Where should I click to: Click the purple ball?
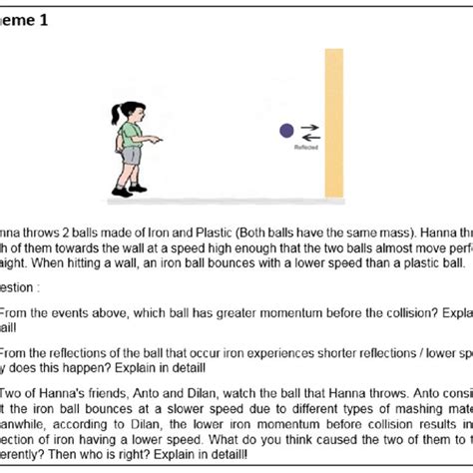point(286,130)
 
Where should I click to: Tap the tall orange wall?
point(331,120)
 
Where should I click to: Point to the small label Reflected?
point(305,147)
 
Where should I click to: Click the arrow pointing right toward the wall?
point(310,127)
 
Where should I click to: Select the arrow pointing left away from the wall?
point(310,136)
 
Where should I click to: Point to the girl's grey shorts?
point(131,156)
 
